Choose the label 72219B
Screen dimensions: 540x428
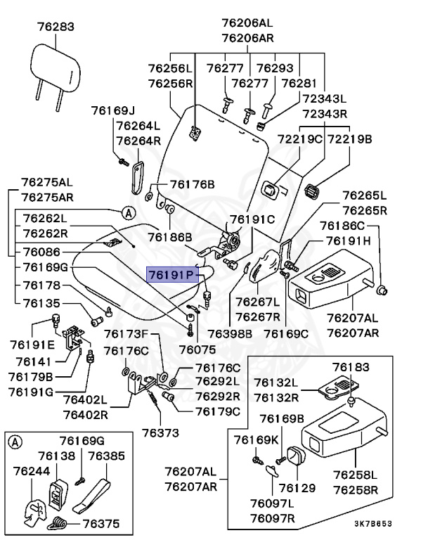[x=349, y=139]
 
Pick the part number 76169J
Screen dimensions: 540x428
[x=112, y=110]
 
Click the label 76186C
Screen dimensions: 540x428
[x=343, y=226]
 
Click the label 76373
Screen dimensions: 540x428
[x=161, y=431]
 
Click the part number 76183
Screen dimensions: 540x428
[x=350, y=368]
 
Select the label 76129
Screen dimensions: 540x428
[x=297, y=487]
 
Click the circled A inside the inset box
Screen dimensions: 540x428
[x=15, y=442]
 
